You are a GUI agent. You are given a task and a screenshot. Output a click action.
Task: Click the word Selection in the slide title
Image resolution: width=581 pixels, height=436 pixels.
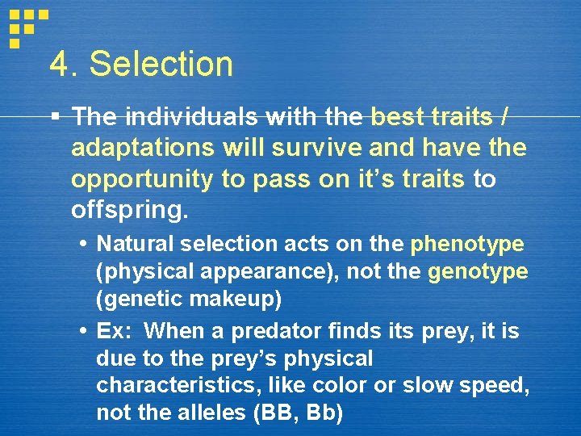tap(161, 65)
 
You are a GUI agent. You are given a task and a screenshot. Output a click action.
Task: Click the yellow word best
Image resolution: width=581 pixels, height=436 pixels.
tap(399, 118)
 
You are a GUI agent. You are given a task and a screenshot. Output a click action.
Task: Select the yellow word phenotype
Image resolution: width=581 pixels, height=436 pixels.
tap(467, 244)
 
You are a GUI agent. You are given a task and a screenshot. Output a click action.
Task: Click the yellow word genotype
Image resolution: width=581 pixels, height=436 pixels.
tap(478, 272)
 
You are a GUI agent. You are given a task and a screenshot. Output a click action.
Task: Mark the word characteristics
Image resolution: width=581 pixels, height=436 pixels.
tap(166, 386)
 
